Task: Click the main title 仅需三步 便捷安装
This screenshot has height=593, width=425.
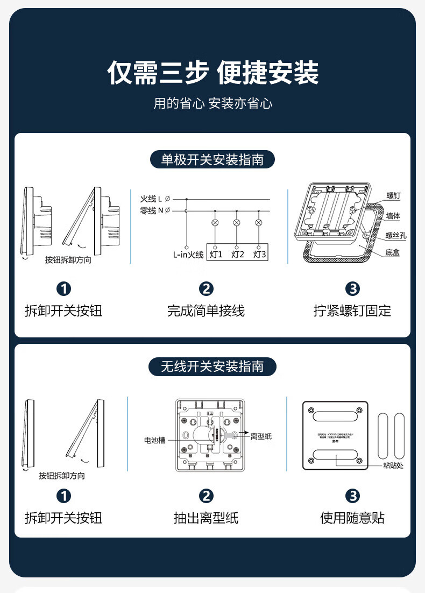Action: point(212,73)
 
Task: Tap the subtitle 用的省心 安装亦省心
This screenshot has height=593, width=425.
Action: point(212,103)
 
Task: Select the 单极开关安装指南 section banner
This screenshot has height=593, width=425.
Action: point(212,159)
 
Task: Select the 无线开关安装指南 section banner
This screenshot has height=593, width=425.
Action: point(212,366)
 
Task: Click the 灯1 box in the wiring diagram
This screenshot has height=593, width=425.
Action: point(216,254)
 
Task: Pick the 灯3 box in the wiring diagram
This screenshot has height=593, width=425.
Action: point(259,254)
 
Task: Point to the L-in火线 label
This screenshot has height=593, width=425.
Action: point(188,255)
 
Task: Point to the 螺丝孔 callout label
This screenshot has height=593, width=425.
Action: point(396,235)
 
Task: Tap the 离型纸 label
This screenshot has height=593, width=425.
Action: point(261,436)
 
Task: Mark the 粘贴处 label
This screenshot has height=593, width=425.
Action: point(393,465)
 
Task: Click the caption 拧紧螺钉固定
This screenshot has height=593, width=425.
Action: point(352,310)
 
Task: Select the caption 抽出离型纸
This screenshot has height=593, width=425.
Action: point(206,518)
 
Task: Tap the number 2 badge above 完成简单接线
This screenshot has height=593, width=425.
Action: point(206,289)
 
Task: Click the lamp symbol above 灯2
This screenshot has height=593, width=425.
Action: point(237,222)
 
